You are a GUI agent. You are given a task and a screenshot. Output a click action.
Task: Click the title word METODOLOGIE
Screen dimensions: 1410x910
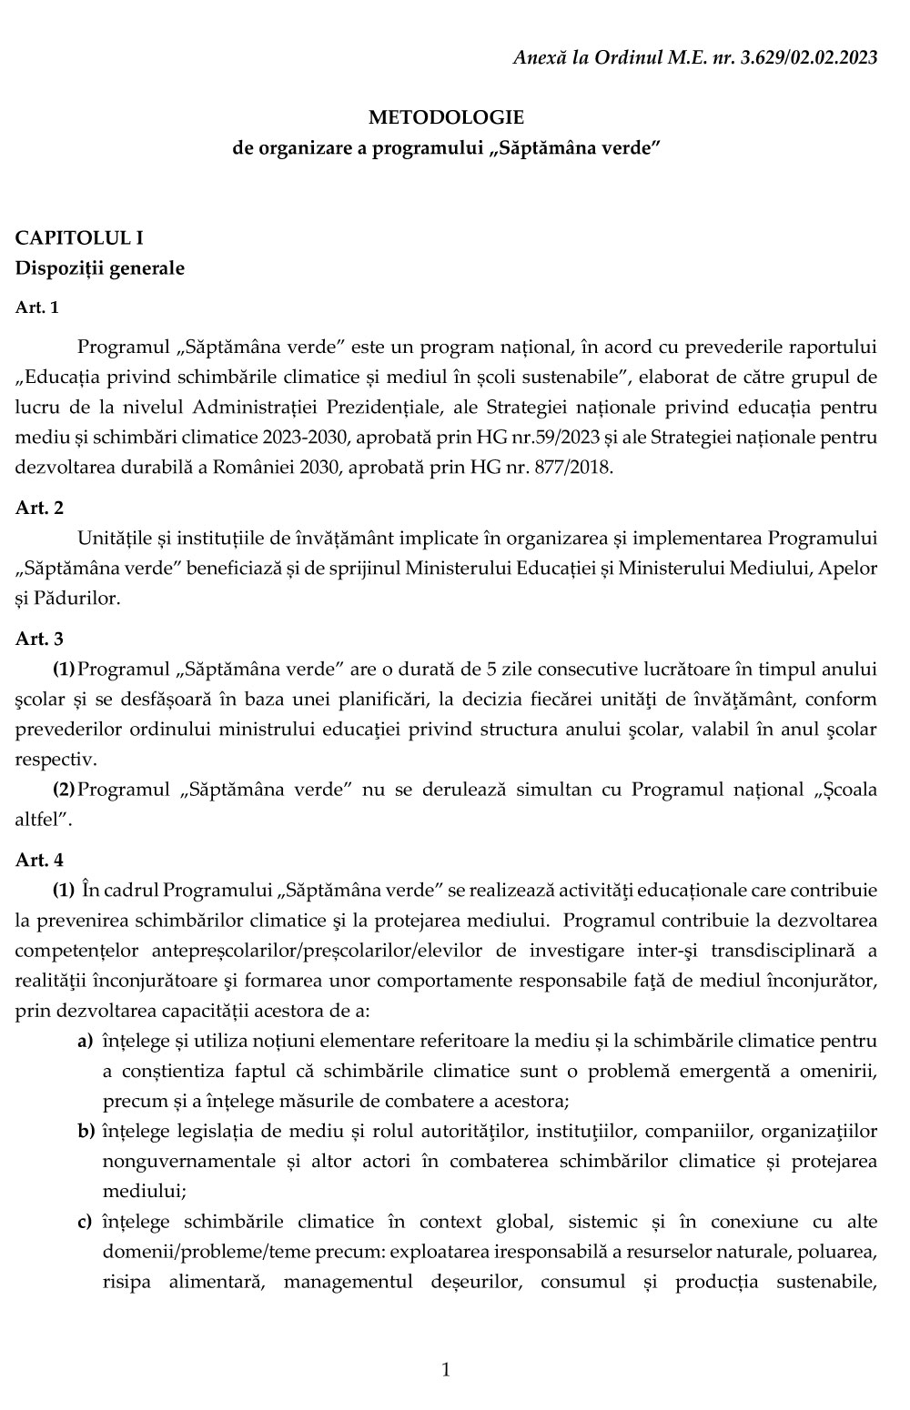click(446, 117)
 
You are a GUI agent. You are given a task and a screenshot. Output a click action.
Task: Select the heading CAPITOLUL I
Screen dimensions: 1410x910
click(79, 238)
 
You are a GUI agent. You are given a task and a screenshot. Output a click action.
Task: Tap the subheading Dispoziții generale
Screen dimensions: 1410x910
click(99, 268)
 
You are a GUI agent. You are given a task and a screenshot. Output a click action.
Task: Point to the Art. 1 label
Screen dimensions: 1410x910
click(37, 307)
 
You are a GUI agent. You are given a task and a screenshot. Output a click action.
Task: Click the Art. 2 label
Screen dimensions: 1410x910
click(39, 508)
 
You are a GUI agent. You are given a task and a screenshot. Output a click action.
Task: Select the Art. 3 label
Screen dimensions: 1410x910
click(39, 640)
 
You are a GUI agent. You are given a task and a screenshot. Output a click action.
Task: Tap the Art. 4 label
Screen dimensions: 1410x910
click(39, 859)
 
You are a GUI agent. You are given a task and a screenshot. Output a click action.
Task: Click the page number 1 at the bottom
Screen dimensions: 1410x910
click(446, 1369)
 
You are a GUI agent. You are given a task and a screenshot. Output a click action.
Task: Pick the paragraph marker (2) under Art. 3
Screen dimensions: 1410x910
click(64, 789)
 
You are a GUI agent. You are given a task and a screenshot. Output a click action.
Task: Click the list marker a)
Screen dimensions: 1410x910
click(85, 1040)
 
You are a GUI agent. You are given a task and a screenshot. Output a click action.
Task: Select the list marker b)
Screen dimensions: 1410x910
click(86, 1131)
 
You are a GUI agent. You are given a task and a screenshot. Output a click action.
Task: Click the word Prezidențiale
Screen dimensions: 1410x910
click(417, 408)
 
